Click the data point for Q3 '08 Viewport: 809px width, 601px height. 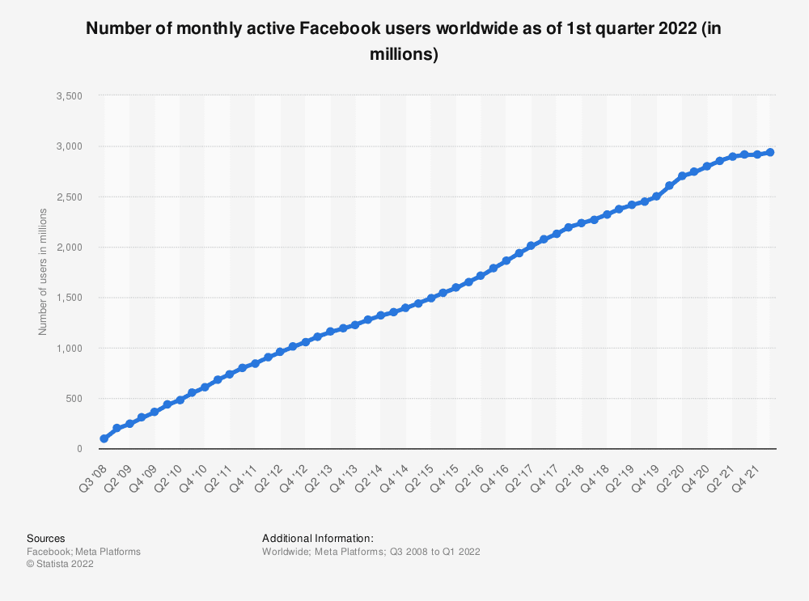pos(104,438)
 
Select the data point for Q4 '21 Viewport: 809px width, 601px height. pos(757,154)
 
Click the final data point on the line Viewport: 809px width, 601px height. pos(770,152)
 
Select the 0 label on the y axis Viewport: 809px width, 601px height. pos(79,449)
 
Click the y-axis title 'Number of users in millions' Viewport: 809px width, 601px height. pos(43,272)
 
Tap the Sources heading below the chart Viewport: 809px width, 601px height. pos(46,538)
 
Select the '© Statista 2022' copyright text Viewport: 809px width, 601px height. pos(60,565)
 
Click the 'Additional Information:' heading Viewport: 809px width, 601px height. pos(317,538)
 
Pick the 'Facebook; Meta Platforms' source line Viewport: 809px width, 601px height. pos(83,552)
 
